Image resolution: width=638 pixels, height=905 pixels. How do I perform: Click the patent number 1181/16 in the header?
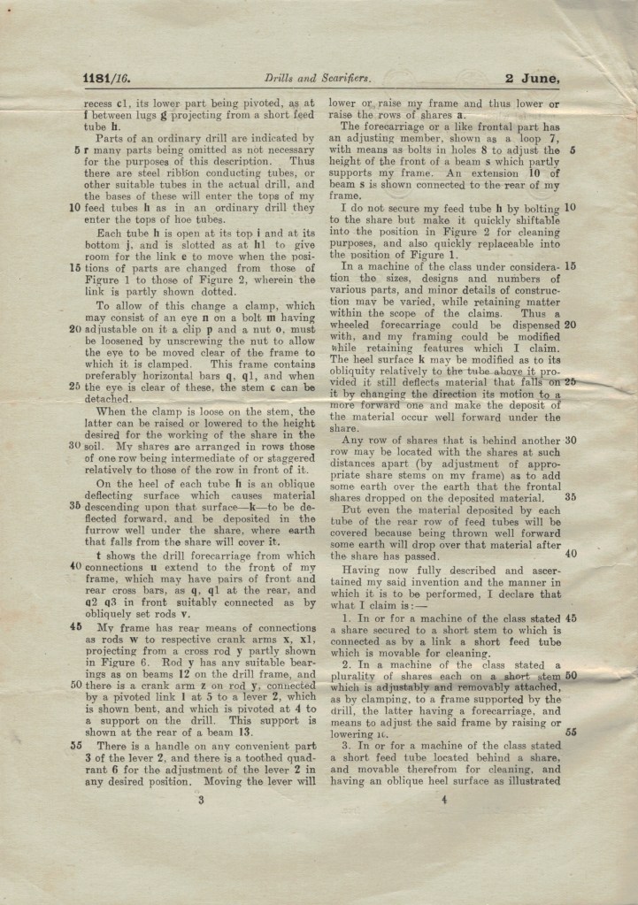pos(106,78)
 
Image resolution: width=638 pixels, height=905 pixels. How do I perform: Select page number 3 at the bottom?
pos(201,800)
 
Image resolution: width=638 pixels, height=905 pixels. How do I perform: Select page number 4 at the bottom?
pos(442,800)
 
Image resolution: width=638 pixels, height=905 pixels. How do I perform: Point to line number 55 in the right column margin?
pos(570,732)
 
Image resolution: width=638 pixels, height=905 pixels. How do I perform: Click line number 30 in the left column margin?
pos(76,446)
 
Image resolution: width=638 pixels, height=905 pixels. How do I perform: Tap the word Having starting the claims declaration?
pos(365,571)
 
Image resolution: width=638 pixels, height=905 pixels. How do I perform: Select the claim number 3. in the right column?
pos(346,746)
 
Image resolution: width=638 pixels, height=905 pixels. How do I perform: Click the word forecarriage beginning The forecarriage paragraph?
pos(399,127)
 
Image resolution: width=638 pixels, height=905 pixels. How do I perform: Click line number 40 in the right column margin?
pos(570,554)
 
